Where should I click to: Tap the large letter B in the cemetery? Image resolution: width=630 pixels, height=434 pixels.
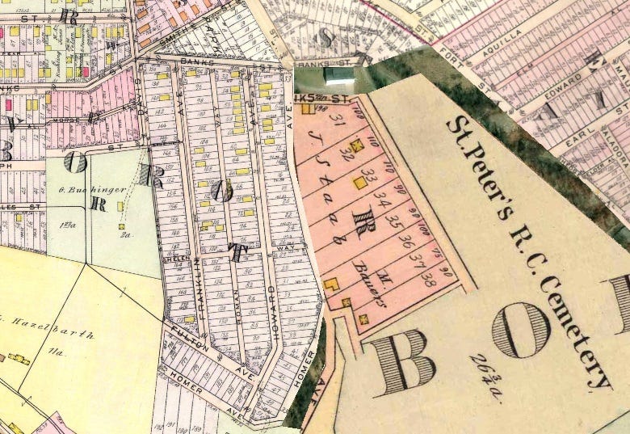[x=401, y=359]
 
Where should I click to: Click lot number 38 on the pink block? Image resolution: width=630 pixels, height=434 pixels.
[x=429, y=281]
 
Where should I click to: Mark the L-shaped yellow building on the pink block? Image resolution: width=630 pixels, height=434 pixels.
[x=331, y=284]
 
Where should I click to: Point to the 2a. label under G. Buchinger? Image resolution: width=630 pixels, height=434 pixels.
[x=126, y=235]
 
